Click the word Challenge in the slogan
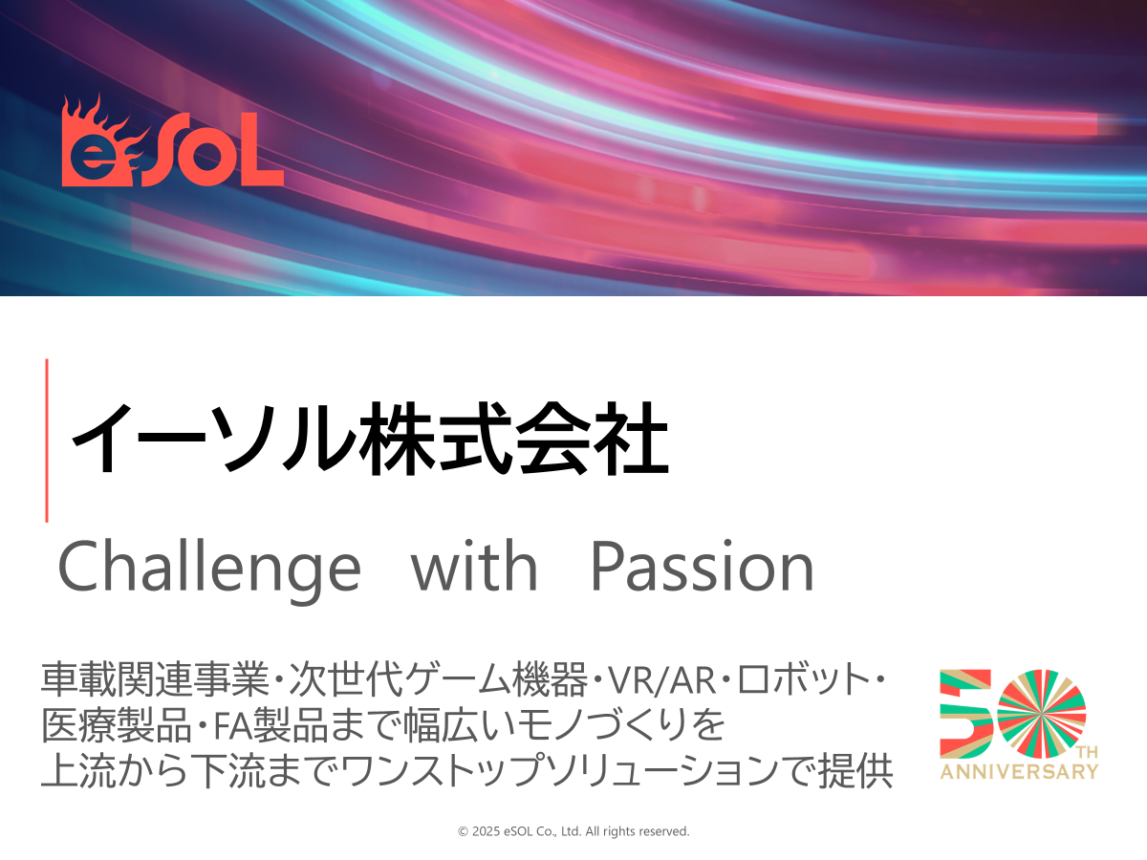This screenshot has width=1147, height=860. pos(209,570)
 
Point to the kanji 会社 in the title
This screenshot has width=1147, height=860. pos(592,440)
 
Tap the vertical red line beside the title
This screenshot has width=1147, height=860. pos(47,441)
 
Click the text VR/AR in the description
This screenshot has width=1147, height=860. pos(661,679)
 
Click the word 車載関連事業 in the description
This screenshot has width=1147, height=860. pos(155,679)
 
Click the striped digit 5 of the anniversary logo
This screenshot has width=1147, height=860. pos(965,714)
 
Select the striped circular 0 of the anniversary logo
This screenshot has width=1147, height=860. pos(1042,713)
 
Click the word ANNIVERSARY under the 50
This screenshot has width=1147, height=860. pos(1019,772)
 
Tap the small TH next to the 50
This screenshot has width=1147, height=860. pos(1088,752)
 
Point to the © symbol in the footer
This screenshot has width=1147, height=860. pos(463,831)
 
